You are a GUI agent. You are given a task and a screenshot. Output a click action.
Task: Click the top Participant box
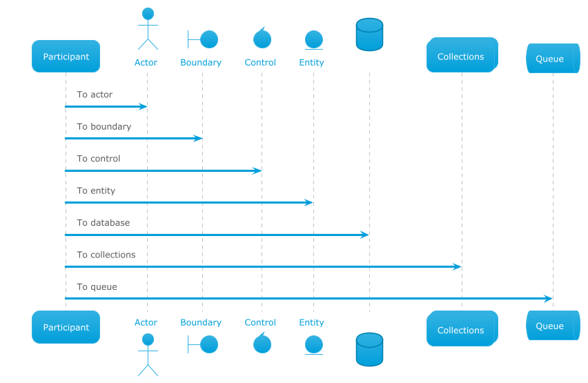click(x=66, y=57)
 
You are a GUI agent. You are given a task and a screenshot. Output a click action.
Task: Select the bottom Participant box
click(x=66, y=327)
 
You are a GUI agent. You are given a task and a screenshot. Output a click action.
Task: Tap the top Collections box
click(x=462, y=55)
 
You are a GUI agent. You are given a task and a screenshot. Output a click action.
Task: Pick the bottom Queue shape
click(x=553, y=325)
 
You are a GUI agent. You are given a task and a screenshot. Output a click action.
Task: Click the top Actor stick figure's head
click(x=148, y=14)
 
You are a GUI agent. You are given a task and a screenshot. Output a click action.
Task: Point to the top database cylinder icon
click(x=369, y=35)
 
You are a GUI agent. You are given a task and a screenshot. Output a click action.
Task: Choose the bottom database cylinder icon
click(x=369, y=349)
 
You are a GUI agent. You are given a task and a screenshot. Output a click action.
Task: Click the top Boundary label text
click(x=201, y=62)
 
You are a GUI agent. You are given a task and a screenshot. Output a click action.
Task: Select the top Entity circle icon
click(x=314, y=40)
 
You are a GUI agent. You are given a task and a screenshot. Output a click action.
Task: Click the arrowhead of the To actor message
click(x=144, y=106)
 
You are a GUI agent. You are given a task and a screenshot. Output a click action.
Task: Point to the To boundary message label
click(x=104, y=126)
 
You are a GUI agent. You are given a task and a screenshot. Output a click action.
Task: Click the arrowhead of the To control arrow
click(x=257, y=170)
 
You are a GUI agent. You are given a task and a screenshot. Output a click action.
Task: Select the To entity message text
click(x=96, y=190)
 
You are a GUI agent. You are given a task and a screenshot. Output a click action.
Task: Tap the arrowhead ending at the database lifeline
click(x=364, y=235)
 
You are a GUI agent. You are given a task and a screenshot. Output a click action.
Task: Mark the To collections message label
click(x=106, y=255)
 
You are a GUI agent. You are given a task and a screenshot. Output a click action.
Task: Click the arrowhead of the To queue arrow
click(x=548, y=299)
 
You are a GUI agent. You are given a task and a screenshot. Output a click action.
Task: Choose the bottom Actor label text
click(x=146, y=322)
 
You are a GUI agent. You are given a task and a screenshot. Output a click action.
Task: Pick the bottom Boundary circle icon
click(x=209, y=344)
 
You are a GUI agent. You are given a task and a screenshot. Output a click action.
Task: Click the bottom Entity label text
click(x=311, y=322)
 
